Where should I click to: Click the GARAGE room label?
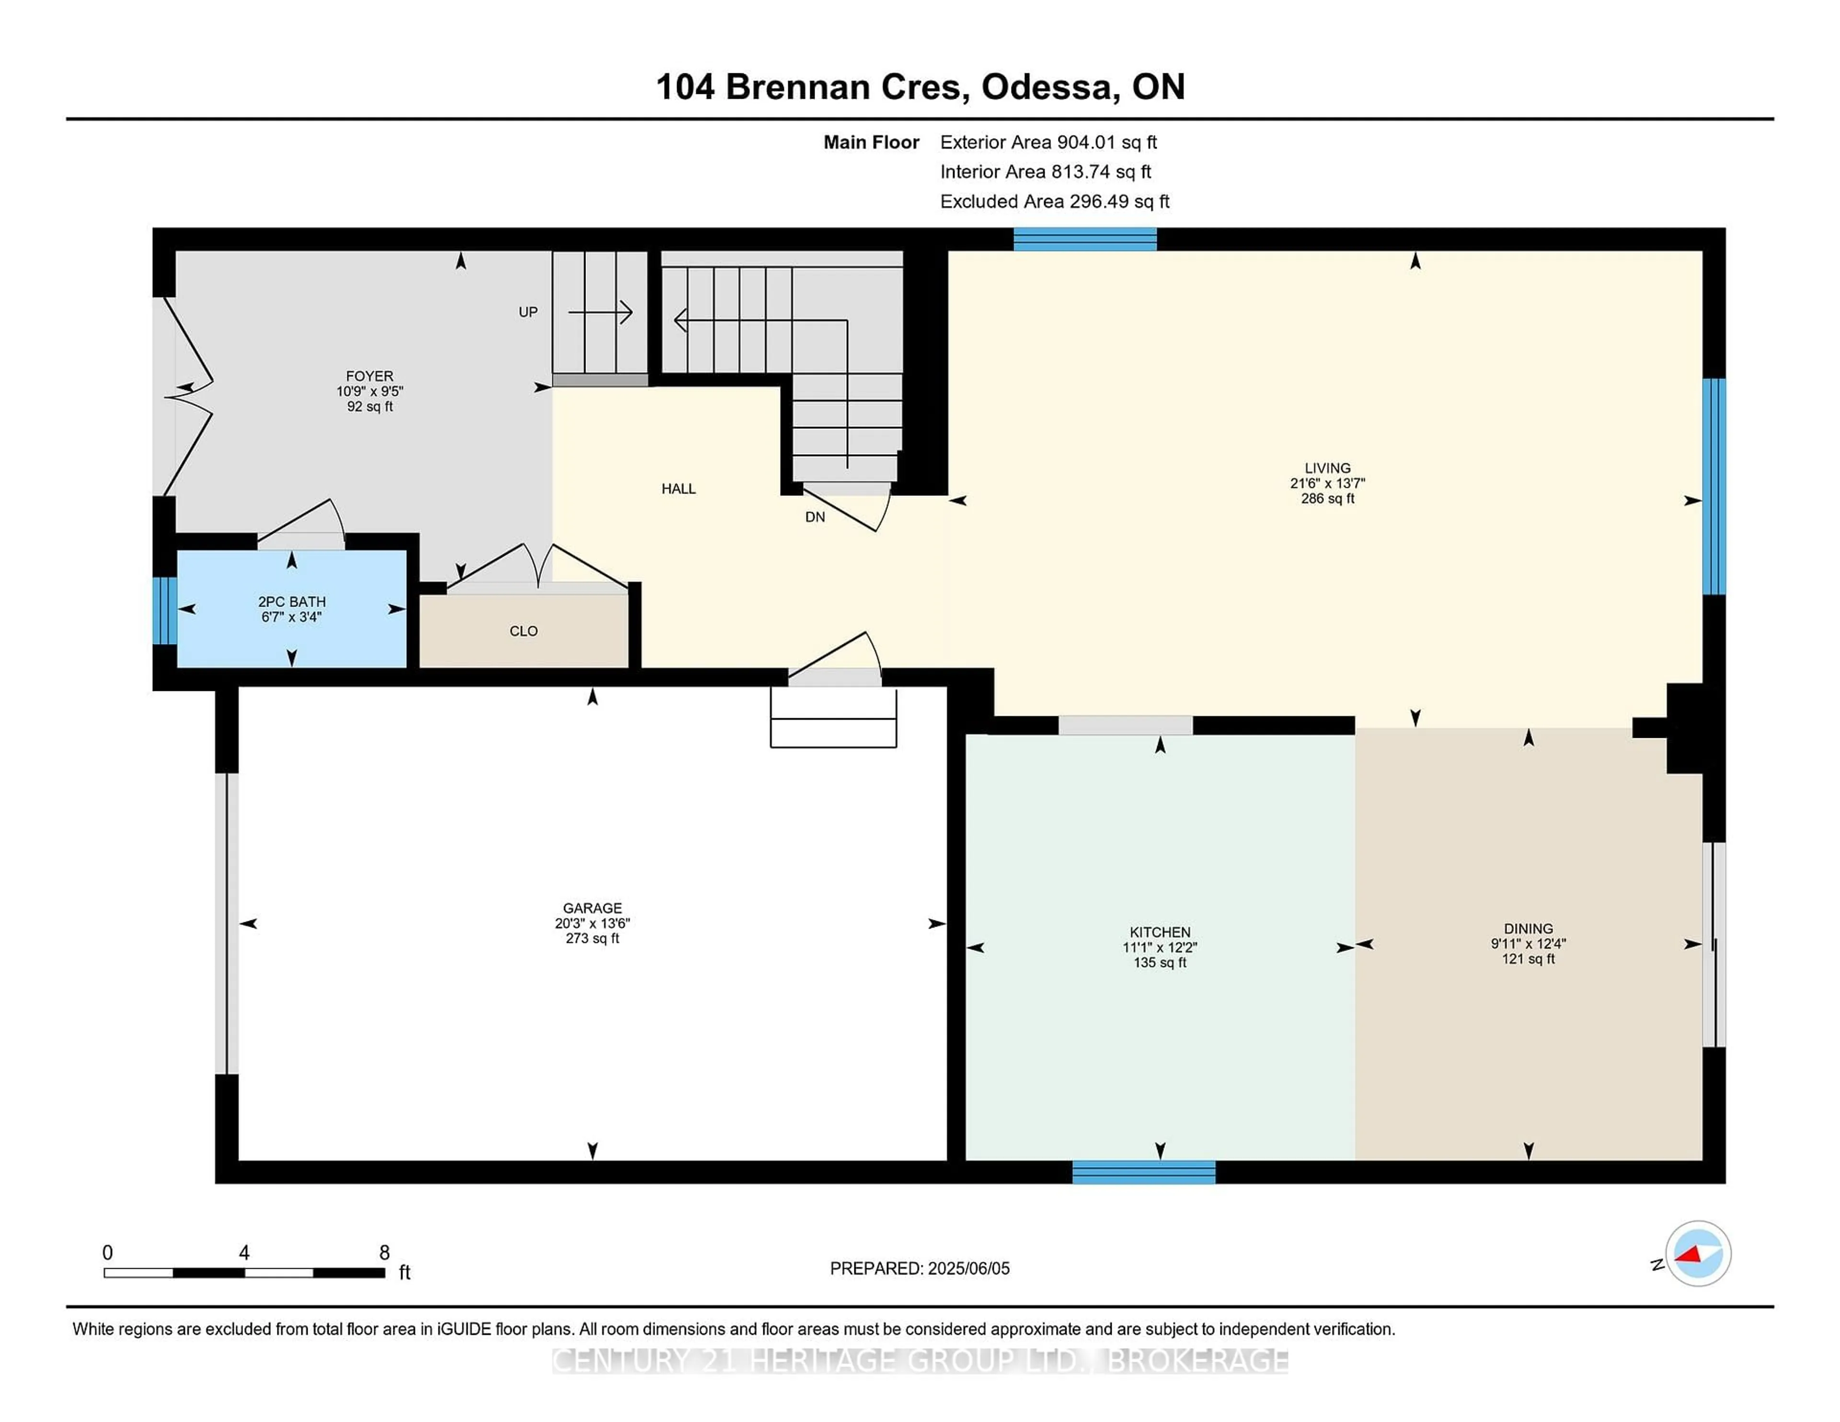[592, 908]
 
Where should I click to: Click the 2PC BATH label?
[291, 601]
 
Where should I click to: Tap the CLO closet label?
[523, 631]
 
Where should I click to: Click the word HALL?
[678, 489]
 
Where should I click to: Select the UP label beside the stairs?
[528, 312]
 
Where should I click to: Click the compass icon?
[1698, 1253]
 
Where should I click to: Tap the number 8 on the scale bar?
[384, 1253]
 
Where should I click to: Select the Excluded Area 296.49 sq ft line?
[1054, 201]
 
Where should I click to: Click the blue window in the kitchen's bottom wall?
[1143, 1172]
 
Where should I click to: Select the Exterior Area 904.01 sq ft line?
[1048, 142]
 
